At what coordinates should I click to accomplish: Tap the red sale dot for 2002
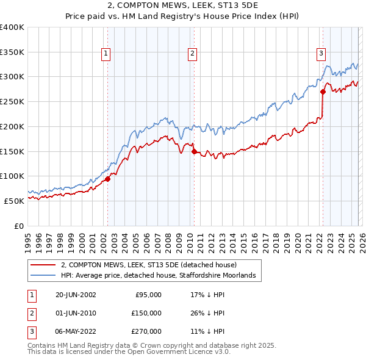[x=107, y=179]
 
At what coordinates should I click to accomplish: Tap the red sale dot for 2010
[x=193, y=151]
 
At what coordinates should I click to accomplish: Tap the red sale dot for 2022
[x=323, y=92]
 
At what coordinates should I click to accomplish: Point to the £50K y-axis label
[x=14, y=201]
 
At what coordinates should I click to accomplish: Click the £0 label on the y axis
[x=19, y=226]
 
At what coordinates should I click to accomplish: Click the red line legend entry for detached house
[x=152, y=265]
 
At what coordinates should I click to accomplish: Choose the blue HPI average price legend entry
[x=161, y=276]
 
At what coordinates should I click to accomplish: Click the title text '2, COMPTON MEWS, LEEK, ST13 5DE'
[x=182, y=7]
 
